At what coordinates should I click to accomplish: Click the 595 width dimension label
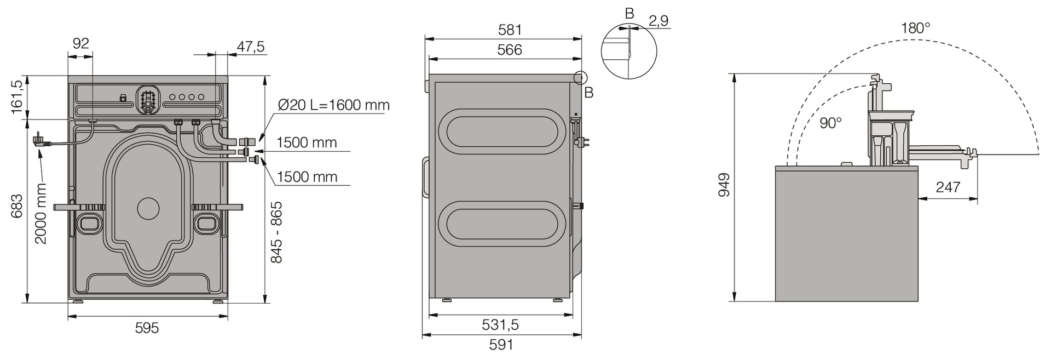147,328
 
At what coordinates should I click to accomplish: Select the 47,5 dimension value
250,47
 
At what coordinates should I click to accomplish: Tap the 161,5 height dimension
17,96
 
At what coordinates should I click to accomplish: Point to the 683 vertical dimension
17,206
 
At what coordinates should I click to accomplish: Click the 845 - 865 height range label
276,232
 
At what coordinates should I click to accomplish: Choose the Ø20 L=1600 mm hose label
333,105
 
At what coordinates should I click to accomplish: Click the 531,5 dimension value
500,325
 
